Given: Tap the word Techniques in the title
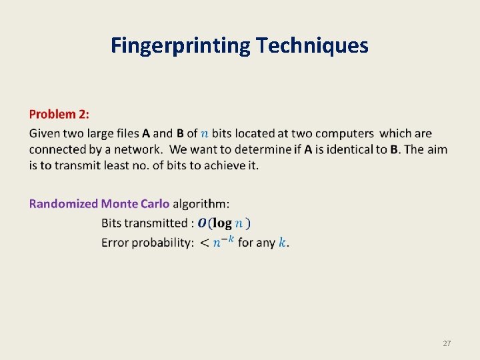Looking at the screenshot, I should [x=312, y=45].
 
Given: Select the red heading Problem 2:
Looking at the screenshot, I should [x=59, y=115].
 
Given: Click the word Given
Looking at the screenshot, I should [x=45, y=133].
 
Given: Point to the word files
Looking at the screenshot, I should [x=123, y=133].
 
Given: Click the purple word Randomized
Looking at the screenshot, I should [x=63, y=203].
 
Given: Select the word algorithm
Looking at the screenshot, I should [x=200, y=203].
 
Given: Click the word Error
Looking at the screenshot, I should [x=115, y=243].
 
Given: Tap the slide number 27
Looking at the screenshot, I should [x=447, y=343].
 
